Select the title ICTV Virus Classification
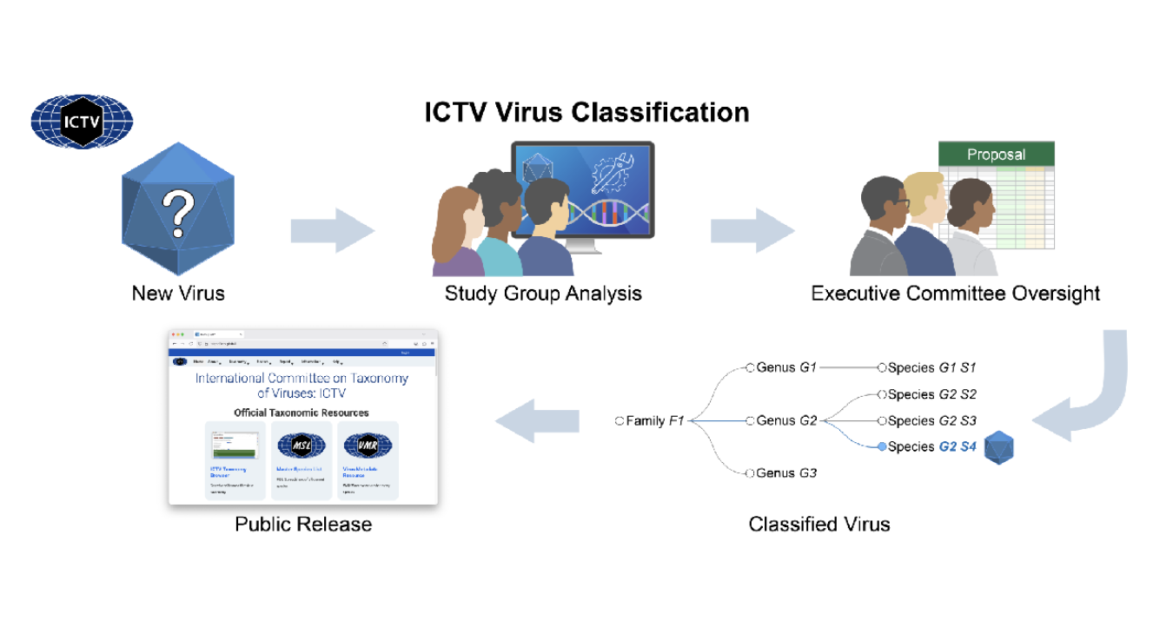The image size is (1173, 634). pos(586,113)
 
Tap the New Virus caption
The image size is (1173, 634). pos(178,294)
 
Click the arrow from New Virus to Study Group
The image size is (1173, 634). pos(332,231)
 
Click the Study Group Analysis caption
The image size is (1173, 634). pos(543,294)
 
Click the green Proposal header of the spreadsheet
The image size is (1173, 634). pos(996,155)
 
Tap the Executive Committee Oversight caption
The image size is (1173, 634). pos(955,294)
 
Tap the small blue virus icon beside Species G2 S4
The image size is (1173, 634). pos(999,447)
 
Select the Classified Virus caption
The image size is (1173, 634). pos(819,525)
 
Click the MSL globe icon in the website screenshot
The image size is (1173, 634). pos(301,446)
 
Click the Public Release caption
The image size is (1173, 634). pos(303,525)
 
